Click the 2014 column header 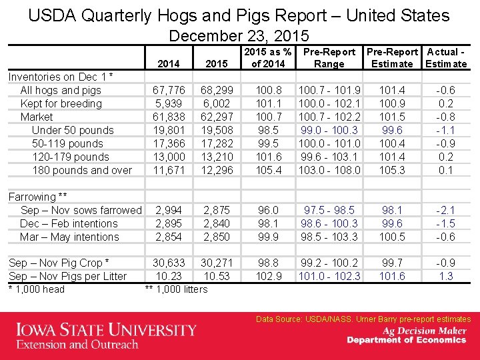tap(169, 64)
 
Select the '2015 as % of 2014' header tap(268, 58)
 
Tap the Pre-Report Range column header tap(329, 58)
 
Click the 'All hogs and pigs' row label tap(61, 90)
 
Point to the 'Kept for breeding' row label tap(61, 103)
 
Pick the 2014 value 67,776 tap(169, 90)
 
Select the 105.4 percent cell tap(269, 170)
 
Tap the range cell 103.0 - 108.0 tap(329, 170)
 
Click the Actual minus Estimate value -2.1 tap(446, 210)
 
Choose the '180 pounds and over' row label tap(82, 170)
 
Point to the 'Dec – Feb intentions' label tap(69, 223)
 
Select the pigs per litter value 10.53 tap(215, 276)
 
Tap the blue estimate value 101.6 tap(391, 276)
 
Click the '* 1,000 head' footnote tap(36, 289)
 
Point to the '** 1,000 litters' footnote tap(176, 289)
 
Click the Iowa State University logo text tap(107, 330)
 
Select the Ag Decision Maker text tap(424, 331)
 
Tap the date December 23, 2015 tap(239, 35)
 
